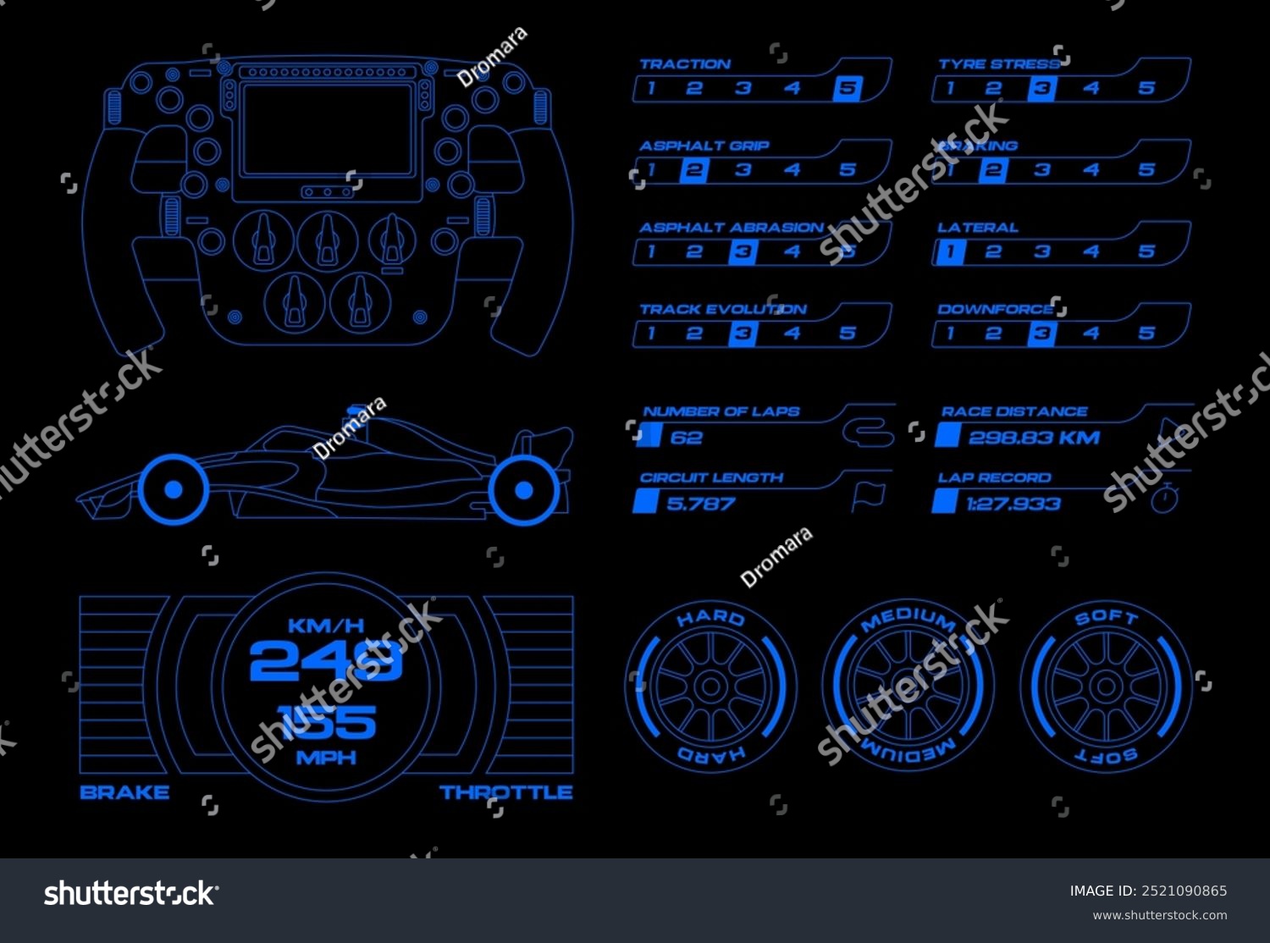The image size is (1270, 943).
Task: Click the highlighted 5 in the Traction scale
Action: click(x=847, y=88)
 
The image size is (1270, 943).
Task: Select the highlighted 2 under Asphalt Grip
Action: click(x=693, y=170)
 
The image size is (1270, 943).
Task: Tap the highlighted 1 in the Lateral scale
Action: click(x=950, y=251)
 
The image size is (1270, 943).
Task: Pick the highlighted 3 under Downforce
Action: click(x=1042, y=334)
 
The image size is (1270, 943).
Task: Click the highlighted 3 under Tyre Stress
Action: click(x=1042, y=88)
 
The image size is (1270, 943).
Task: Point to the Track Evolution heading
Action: click(x=722, y=310)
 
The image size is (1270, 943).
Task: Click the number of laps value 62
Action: click(x=686, y=438)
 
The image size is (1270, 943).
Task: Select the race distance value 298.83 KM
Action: click(x=1034, y=438)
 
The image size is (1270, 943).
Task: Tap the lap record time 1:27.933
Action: click(x=1013, y=505)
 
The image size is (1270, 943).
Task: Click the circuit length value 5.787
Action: click(x=700, y=505)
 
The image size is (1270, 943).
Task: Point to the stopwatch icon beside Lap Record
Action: click(x=1165, y=498)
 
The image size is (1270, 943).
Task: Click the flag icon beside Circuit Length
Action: click(x=868, y=497)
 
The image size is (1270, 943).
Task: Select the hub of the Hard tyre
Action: click(x=711, y=687)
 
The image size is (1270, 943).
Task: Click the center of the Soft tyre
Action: click(x=1106, y=687)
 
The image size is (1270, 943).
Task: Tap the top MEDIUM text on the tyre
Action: click(x=908, y=620)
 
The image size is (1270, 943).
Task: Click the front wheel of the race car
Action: click(x=174, y=489)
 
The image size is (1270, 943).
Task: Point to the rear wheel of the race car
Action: click(x=524, y=489)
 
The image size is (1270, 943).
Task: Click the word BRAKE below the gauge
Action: click(x=124, y=792)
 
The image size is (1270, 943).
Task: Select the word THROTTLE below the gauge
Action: click(x=506, y=792)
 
